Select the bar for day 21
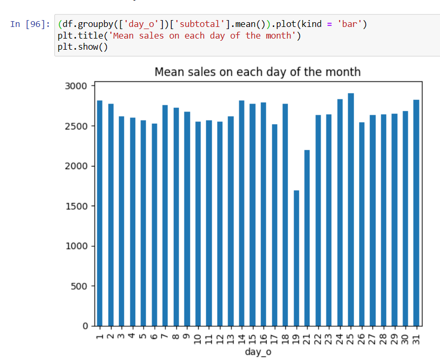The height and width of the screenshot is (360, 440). tap(307, 238)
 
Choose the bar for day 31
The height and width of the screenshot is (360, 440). tap(416, 211)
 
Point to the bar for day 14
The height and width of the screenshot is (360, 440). tap(241, 211)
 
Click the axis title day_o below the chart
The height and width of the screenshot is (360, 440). tap(258, 352)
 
